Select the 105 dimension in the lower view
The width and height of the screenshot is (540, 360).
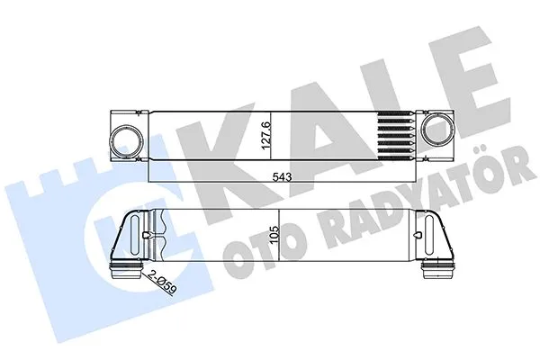[x=287, y=234]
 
